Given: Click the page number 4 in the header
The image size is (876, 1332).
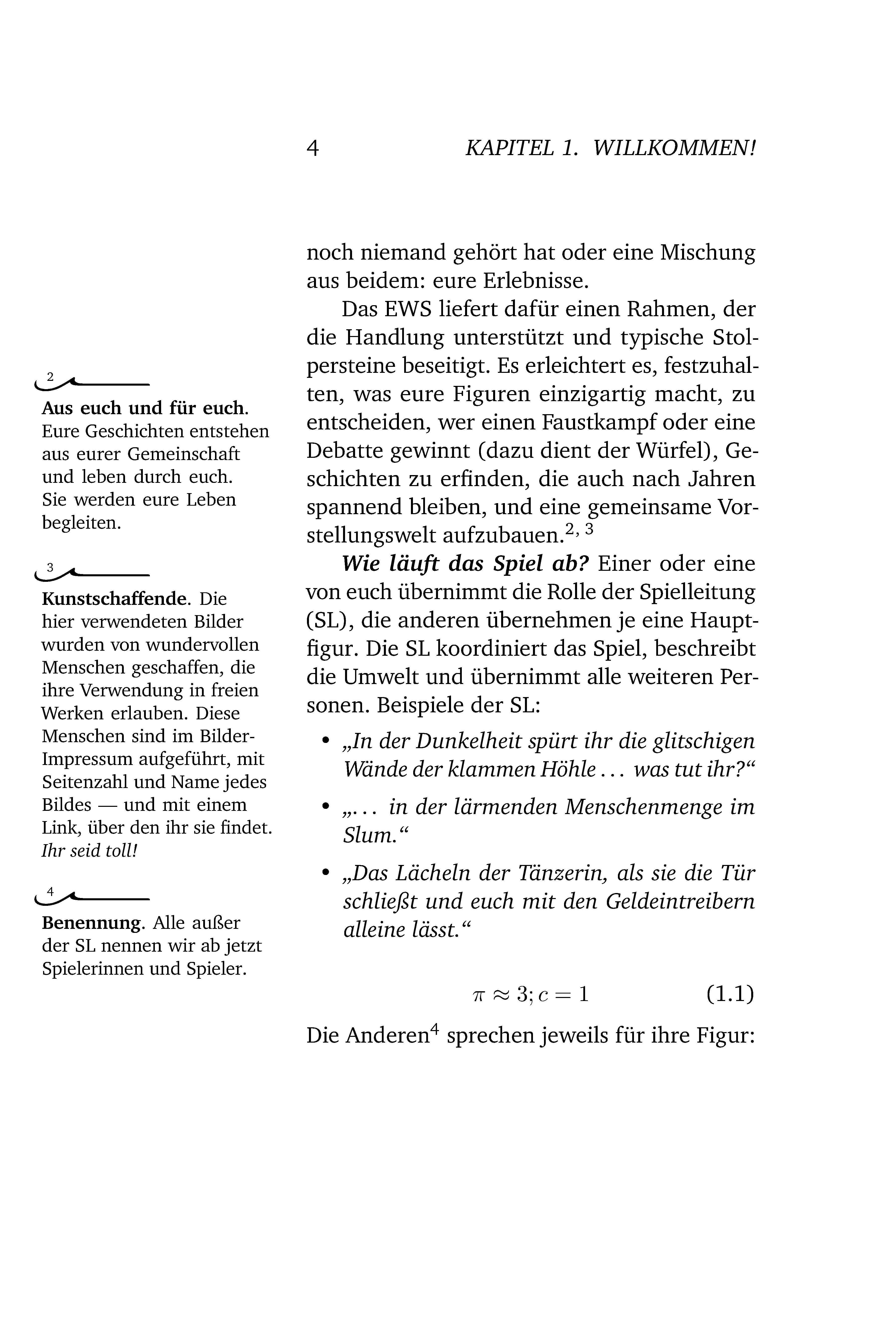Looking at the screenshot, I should (312, 148).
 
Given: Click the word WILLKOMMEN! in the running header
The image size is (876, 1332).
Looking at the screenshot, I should (675, 148).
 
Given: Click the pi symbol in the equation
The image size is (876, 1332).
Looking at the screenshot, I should (478, 994).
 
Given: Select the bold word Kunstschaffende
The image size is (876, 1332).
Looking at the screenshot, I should (114, 599).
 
